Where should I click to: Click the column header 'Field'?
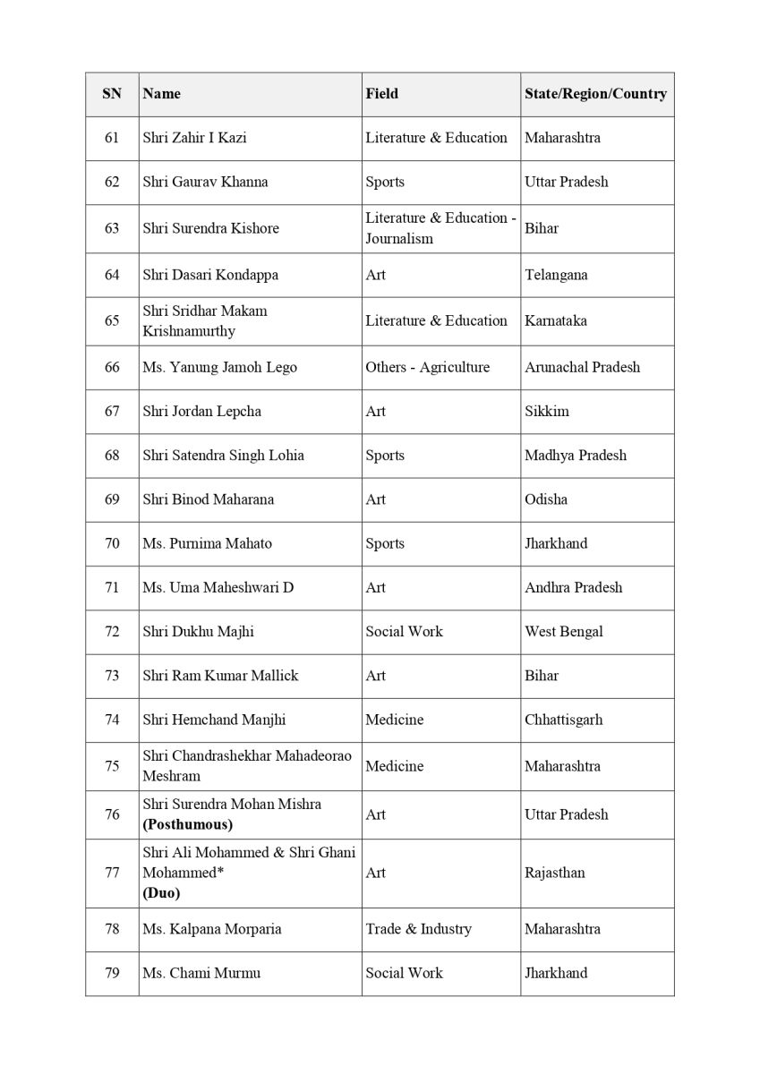381,94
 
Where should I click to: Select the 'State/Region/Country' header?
595,94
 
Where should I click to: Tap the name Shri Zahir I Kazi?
194,138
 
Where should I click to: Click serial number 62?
112,182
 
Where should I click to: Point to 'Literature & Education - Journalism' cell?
440,228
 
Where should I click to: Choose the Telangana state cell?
556,275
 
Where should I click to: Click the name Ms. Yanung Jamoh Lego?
219,367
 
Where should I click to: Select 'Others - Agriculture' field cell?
427,367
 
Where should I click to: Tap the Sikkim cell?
546,411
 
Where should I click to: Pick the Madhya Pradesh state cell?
575,455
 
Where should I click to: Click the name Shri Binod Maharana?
208,499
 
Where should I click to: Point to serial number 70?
112,543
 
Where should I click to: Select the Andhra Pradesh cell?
573,587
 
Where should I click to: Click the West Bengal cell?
563,631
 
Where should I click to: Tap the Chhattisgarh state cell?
563,720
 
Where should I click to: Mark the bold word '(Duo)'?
161,893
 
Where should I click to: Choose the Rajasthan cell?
554,873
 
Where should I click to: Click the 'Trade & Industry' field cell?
418,929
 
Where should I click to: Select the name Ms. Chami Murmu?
201,973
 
